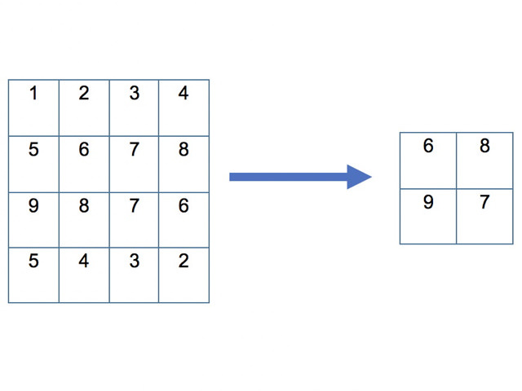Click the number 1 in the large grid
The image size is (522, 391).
click(33, 93)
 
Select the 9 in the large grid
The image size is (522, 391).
click(33, 205)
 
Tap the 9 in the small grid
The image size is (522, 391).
click(428, 202)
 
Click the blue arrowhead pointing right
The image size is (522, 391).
click(359, 177)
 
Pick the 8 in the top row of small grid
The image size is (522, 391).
click(484, 147)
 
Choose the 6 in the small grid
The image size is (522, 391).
click(428, 147)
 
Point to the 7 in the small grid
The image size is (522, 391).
click(484, 202)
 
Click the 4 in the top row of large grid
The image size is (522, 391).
click(184, 93)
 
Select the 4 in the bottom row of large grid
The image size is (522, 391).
click(84, 262)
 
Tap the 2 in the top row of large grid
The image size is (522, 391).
click(84, 93)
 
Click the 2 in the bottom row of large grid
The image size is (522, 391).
click(184, 262)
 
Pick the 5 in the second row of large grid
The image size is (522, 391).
click(33, 150)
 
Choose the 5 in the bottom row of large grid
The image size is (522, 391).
click(33, 262)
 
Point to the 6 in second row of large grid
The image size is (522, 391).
click(84, 150)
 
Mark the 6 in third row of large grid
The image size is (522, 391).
click(184, 205)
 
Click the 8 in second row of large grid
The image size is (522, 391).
click(184, 150)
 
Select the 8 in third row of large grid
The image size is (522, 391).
click(84, 205)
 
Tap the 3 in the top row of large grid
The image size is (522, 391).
click(134, 93)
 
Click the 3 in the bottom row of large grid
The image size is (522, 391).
click(134, 262)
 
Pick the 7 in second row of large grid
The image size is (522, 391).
click(134, 150)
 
